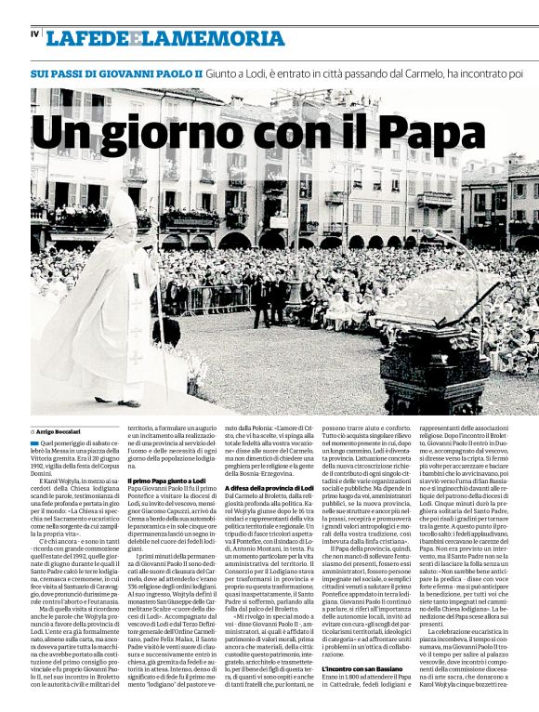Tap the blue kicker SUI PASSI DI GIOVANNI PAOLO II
116,72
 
